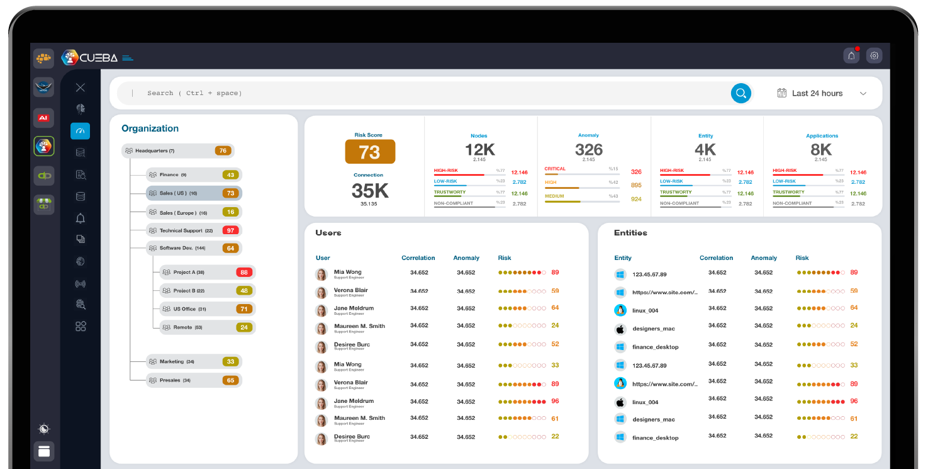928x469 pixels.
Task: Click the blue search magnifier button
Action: tap(741, 93)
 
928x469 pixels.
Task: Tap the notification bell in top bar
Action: tap(851, 55)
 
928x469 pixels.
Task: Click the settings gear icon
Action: tap(874, 55)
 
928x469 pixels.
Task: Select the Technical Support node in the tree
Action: tap(186, 230)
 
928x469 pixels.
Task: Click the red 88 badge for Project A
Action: tap(244, 273)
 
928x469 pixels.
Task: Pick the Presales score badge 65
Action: tap(230, 380)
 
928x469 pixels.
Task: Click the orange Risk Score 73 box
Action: tap(369, 152)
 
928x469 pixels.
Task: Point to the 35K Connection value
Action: tap(369, 191)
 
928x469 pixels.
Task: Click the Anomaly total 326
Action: tap(588, 150)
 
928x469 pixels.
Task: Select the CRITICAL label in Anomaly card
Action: tap(555, 169)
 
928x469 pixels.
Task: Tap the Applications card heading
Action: tap(822, 136)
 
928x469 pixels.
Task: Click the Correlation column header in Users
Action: tap(418, 258)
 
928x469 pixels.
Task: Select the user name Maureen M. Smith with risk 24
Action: tap(359, 326)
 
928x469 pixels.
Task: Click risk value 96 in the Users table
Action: tap(555, 401)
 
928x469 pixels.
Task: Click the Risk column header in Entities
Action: tap(802, 258)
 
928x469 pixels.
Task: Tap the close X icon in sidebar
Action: tap(80, 88)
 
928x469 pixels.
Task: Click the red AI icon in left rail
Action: tap(43, 118)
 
